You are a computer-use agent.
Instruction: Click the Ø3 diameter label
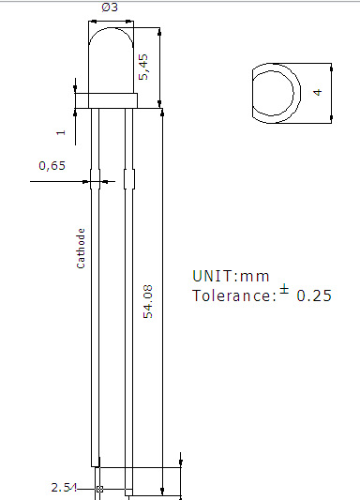110,7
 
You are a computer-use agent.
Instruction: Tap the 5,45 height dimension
143,67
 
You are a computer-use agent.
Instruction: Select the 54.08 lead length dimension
148,302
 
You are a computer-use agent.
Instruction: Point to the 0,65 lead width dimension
52,166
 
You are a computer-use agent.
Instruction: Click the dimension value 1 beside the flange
61,132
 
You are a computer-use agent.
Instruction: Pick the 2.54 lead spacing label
64,488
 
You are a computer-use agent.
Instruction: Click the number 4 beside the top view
318,93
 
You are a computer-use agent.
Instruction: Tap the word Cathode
81,249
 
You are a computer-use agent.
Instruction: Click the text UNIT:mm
231,276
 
